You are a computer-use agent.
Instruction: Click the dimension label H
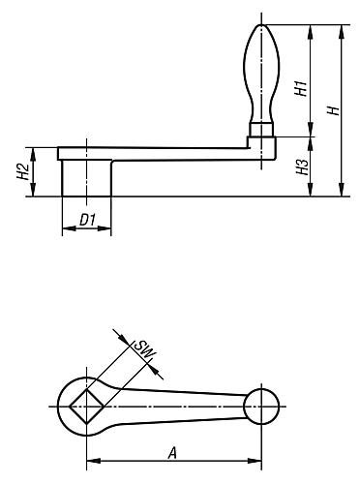tap(334, 110)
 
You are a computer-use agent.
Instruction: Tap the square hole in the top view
tap(86, 406)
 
